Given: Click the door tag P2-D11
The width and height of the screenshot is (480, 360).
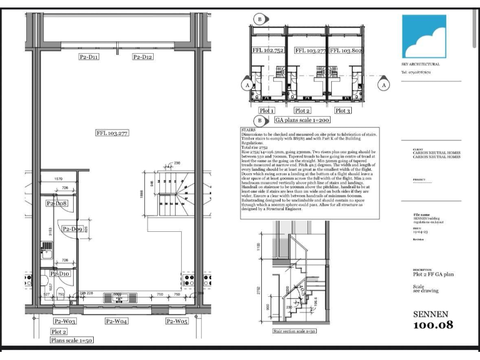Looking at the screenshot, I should click(x=89, y=57).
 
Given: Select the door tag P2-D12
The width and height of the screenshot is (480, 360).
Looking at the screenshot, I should click(x=143, y=57).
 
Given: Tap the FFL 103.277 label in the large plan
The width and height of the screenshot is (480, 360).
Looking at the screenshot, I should click(x=112, y=133).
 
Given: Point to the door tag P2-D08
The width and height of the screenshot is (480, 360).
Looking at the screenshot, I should click(x=57, y=204).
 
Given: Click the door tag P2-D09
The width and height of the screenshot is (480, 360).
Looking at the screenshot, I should click(x=72, y=229).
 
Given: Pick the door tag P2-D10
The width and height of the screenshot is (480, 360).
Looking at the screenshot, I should click(x=59, y=274).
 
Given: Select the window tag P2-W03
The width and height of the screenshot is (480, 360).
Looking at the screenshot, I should click(x=64, y=321).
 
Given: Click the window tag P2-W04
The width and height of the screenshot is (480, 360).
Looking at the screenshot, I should click(x=116, y=321).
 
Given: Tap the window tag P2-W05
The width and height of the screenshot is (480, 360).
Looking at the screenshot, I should click(x=177, y=321).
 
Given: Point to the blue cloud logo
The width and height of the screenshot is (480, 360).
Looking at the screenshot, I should click(x=424, y=36).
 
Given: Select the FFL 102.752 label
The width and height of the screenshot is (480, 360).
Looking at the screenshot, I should click(x=267, y=51).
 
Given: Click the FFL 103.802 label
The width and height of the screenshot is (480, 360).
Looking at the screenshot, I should click(x=345, y=51).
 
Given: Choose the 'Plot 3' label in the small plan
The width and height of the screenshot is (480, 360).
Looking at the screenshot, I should click(x=342, y=111).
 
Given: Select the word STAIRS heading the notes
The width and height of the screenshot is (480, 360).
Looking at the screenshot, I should click(x=248, y=131).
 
